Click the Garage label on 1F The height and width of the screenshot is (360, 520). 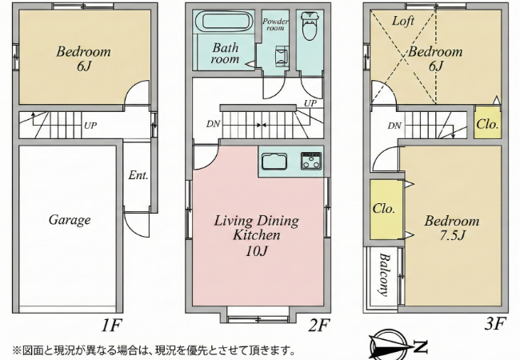[70, 220]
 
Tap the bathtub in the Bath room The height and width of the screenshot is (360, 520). [225, 22]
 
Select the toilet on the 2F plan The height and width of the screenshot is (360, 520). [310, 26]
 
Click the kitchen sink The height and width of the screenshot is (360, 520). [274, 162]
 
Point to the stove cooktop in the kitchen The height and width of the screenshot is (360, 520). [311, 161]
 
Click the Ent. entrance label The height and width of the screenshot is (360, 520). [138, 175]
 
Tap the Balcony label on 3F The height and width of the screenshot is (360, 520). [384, 274]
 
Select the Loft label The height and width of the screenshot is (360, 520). [403, 21]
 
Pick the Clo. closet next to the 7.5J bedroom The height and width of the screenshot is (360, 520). [386, 209]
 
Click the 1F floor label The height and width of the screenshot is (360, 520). [111, 325]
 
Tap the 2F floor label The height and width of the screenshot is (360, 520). [318, 325]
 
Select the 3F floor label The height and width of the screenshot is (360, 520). [495, 323]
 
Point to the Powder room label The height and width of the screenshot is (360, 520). [275, 25]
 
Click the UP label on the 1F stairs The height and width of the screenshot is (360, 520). [90, 126]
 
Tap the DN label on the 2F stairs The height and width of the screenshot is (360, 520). [213, 124]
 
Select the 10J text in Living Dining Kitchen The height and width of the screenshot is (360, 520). [256, 251]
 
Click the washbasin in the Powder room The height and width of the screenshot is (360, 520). [282, 57]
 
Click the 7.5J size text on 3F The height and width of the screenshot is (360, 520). [452, 235]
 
